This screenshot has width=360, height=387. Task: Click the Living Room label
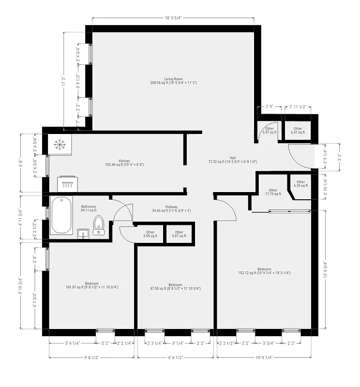click(x=173, y=81)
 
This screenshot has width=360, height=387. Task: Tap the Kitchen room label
click(x=124, y=163)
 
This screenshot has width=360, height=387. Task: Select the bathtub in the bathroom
click(x=60, y=215)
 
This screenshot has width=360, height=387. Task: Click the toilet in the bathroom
click(x=99, y=225)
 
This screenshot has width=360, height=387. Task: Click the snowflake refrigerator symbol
click(x=60, y=144)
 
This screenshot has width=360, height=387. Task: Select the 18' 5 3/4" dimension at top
click(x=172, y=18)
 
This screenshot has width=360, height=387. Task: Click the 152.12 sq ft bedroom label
click(x=264, y=271)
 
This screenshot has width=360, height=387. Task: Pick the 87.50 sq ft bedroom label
click(x=175, y=286)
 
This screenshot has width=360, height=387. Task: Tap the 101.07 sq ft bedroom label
click(x=92, y=285)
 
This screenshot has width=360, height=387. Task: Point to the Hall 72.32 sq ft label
click(x=232, y=160)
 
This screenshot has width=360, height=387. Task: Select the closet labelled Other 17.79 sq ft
click(x=273, y=192)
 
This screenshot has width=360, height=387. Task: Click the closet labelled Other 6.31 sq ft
click(x=298, y=130)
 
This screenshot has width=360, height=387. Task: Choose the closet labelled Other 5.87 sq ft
click(x=179, y=234)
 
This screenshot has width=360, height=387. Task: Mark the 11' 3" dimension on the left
click(x=63, y=80)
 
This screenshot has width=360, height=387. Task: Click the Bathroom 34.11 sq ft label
click(x=89, y=208)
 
